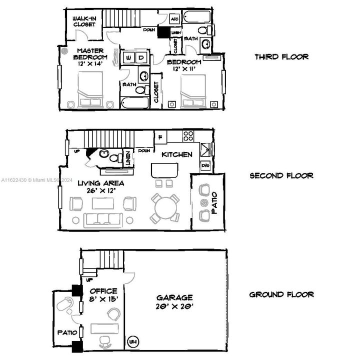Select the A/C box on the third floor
pyautogui.click(x=175, y=19)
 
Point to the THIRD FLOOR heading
pyautogui.click(x=281, y=57)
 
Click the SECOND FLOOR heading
pyautogui.click(x=281, y=176)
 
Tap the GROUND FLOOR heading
pyautogui.click(x=281, y=294)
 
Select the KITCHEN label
pyautogui.click(x=176, y=154)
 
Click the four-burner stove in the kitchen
pyautogui.click(x=188, y=135)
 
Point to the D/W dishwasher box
pyautogui.click(x=205, y=165)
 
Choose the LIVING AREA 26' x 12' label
pyautogui.click(x=100, y=187)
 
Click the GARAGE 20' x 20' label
pyautogui.click(x=174, y=301)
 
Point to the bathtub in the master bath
pyautogui.click(x=134, y=103)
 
